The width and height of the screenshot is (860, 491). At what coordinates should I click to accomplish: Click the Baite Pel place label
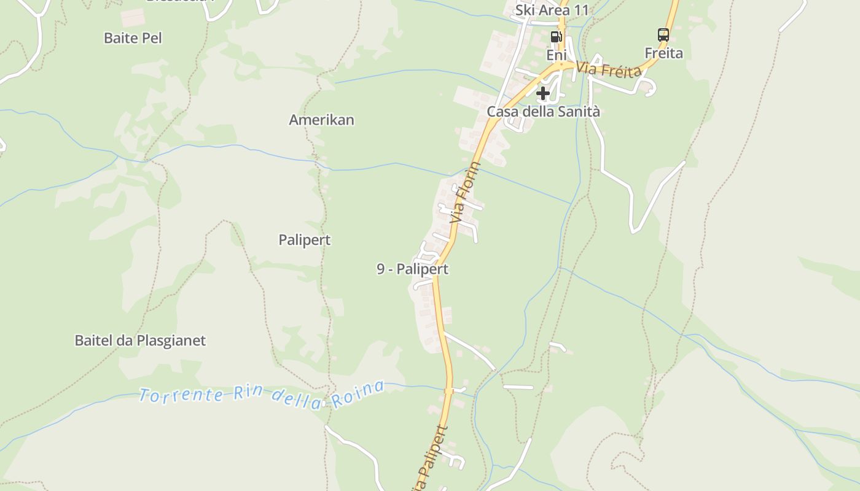(x=133, y=38)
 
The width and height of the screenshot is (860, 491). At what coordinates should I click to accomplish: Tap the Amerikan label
(x=321, y=120)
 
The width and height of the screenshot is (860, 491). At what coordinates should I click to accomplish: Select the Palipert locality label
(x=304, y=240)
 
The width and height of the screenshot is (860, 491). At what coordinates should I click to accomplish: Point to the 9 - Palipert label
(x=412, y=269)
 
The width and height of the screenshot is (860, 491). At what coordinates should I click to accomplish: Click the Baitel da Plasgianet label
(x=140, y=340)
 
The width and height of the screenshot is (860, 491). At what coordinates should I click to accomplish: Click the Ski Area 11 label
(x=552, y=10)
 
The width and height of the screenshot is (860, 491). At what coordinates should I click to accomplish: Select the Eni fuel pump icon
(x=556, y=36)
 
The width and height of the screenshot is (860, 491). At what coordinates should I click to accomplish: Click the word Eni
(x=556, y=55)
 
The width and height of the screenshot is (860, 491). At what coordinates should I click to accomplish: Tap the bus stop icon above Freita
(x=663, y=34)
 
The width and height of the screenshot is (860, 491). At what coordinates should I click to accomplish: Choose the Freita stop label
(x=663, y=53)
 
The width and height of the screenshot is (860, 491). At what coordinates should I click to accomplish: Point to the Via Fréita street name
(x=609, y=69)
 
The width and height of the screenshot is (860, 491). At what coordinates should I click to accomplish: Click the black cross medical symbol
(x=543, y=94)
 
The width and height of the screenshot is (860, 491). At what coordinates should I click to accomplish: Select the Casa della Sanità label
(x=543, y=112)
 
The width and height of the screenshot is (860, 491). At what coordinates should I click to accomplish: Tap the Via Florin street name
(x=464, y=192)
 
